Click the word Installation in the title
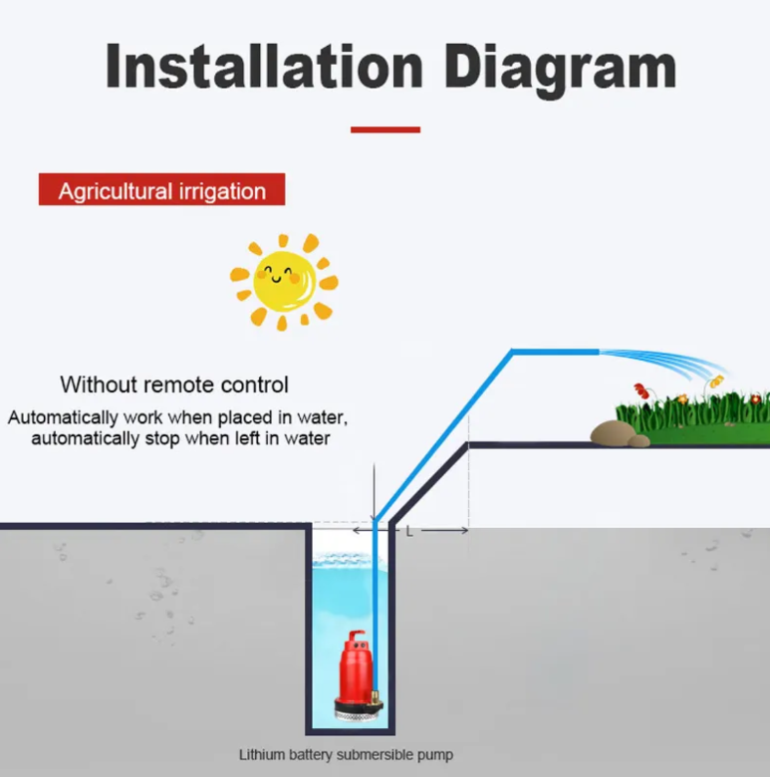tap(264, 68)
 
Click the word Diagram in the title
tap(560, 68)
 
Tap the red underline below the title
tap(385, 129)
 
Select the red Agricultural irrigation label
tap(161, 190)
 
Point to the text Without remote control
tap(174, 385)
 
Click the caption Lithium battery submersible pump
tap(346, 754)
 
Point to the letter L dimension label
tap(408, 532)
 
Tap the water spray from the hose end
tap(662, 360)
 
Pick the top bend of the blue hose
tap(512, 352)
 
